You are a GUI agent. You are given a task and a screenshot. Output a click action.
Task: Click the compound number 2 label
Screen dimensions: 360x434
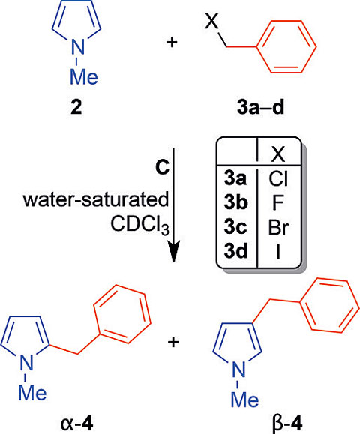(76, 108)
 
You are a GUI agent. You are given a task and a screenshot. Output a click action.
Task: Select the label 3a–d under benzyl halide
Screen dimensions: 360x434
(260, 108)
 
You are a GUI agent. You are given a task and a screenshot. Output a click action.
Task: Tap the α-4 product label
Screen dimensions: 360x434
(76, 424)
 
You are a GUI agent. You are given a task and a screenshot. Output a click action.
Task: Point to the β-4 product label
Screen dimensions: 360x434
(287, 424)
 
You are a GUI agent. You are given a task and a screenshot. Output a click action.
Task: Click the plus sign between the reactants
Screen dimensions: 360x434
(172, 43)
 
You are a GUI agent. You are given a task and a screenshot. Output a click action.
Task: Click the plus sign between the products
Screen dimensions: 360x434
(173, 343)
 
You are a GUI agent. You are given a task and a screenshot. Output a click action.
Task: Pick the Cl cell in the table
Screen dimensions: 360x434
(278, 179)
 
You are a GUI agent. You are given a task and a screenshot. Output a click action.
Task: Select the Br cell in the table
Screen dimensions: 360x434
(278, 227)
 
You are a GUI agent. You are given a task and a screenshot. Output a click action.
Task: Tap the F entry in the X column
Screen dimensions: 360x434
(277, 203)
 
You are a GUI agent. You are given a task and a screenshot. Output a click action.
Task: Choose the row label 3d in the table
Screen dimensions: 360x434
(235, 251)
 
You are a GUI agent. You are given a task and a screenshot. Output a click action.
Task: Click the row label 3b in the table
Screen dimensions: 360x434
(235, 203)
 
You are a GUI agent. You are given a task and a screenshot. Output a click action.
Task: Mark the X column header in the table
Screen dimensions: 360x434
(278, 155)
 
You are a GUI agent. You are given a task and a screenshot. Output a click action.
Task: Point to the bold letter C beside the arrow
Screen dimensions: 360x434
(162, 167)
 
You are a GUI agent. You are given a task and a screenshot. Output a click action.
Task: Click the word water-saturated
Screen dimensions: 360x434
(96, 199)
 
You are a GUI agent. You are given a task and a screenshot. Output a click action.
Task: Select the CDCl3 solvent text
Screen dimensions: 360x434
(139, 225)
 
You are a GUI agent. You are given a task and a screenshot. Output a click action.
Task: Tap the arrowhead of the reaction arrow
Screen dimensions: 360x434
(173, 250)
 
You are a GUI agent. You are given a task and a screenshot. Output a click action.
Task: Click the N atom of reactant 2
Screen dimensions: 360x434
(77, 46)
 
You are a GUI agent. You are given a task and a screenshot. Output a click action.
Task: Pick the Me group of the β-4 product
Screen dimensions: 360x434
(244, 400)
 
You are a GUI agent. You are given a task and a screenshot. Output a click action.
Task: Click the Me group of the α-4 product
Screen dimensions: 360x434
(33, 393)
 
